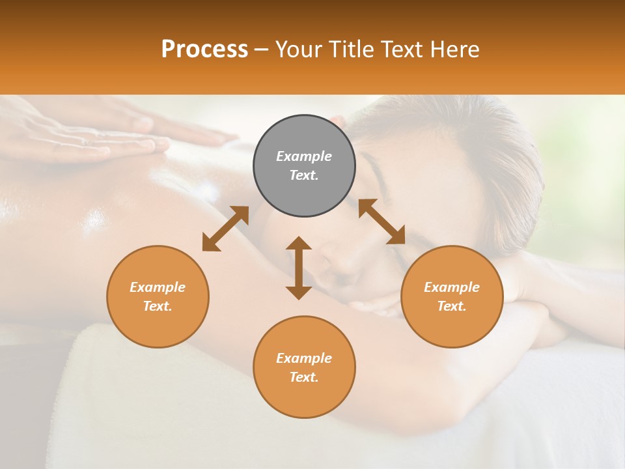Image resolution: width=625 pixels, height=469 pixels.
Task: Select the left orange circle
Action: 158,296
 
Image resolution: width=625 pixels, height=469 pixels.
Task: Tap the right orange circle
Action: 452,296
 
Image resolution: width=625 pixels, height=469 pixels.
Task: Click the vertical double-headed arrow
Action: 299,268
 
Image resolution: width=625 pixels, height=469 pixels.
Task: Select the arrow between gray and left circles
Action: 225,229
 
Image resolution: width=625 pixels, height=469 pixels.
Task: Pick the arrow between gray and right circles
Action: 382,221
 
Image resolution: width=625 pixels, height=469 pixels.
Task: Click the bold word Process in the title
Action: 204,50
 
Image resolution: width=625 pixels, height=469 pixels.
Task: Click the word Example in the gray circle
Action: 304,156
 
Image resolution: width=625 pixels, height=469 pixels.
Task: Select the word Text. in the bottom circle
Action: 304,377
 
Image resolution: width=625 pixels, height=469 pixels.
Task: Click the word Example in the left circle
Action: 158,287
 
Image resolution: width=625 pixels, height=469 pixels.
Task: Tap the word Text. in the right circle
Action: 452,306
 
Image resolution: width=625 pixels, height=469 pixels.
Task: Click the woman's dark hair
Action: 469,143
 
